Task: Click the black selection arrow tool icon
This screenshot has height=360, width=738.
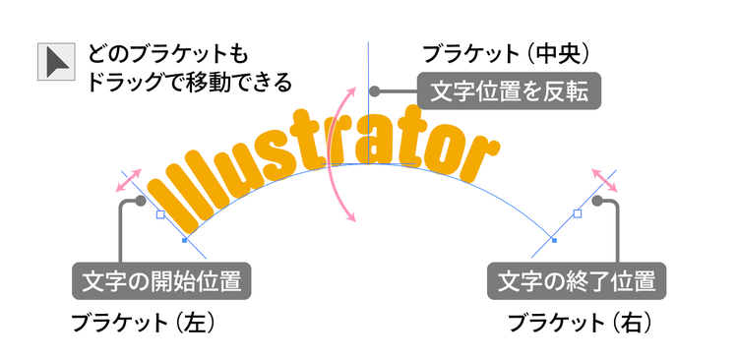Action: pos(56,62)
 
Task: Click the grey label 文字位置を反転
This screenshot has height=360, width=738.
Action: pos(510,90)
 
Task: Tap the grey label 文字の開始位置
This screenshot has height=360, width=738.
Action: pos(161,281)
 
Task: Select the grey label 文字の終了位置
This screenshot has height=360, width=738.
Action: pos(577,281)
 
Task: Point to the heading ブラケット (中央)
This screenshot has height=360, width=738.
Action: pos(506,54)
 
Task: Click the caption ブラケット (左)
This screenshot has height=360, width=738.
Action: pos(143,324)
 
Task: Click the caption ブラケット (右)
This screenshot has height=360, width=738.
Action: pos(580,324)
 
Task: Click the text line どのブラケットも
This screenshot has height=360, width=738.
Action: pos(167,54)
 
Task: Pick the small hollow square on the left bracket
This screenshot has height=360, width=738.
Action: pos(160,214)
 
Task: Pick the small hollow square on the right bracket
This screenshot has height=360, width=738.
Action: pos(578,213)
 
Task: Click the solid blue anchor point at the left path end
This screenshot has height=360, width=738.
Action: pos(185,240)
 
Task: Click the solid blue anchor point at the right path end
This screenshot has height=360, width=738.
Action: pos(554,240)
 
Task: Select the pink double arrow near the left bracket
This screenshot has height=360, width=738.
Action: pos(129,180)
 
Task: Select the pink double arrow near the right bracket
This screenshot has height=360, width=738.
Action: pos(605,180)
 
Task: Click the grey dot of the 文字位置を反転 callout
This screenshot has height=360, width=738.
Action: pos(374,90)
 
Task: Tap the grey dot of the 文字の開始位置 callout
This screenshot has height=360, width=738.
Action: pos(141,201)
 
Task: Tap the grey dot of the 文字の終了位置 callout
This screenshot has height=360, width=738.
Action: pos(597,201)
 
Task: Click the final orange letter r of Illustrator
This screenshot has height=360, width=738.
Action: pos(480,158)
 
